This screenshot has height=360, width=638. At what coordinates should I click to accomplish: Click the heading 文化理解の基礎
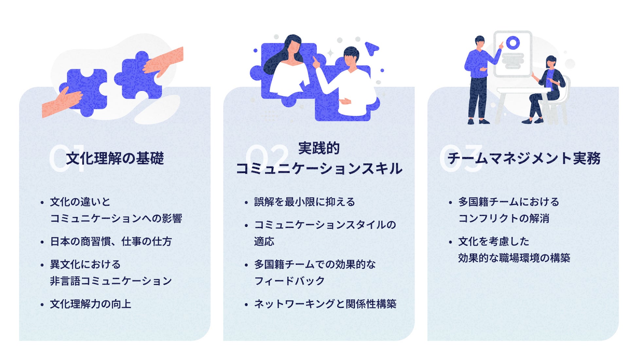click(115, 158)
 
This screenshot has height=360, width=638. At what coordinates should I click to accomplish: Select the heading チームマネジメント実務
click(524, 158)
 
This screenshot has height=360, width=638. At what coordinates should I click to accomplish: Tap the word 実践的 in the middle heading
click(319, 148)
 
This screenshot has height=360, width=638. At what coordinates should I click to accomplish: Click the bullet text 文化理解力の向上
click(90, 304)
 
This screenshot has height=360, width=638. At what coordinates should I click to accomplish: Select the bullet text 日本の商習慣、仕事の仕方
click(111, 242)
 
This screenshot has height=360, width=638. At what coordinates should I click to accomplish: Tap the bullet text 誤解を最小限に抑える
click(304, 202)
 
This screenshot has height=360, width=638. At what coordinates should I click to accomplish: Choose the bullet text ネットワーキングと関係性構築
click(325, 304)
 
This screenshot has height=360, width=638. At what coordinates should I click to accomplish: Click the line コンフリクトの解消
click(504, 218)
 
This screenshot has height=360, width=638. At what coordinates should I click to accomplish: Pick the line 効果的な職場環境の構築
click(514, 258)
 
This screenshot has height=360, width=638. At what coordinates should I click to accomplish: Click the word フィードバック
click(289, 281)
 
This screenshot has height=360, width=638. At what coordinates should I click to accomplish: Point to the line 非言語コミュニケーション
click(111, 281)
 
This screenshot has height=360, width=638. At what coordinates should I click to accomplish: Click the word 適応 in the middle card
click(264, 242)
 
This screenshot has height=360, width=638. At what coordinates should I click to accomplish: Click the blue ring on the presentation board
click(513, 43)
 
